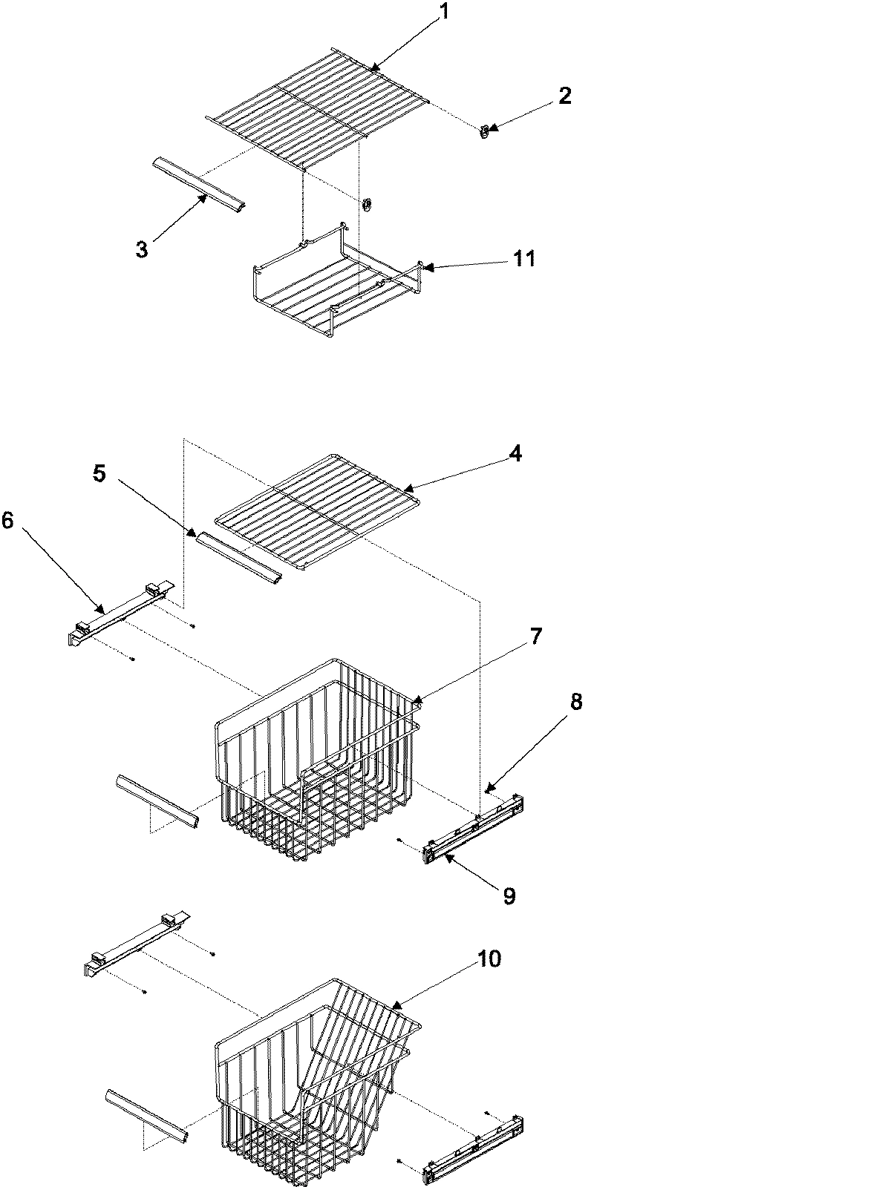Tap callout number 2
pyautogui.click(x=565, y=96)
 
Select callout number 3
pyautogui.click(x=141, y=249)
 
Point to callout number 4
pyautogui.click(x=515, y=453)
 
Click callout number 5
pyautogui.click(x=99, y=473)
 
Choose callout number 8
pyautogui.click(x=575, y=702)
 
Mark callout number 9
pyautogui.click(x=509, y=896)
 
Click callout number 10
pyautogui.click(x=489, y=959)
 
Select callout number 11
pyautogui.click(x=524, y=259)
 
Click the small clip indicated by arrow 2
pyautogui.click(x=485, y=133)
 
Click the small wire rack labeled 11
pyautogui.click(x=334, y=282)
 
